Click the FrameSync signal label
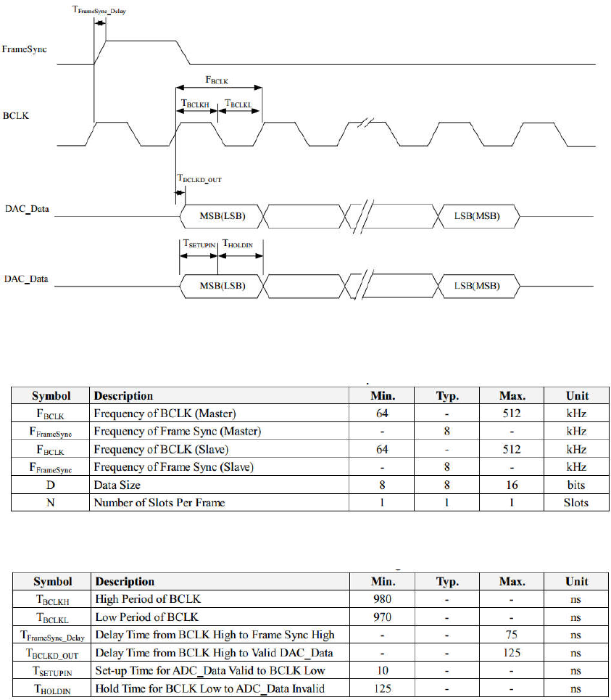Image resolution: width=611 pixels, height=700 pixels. point(25,49)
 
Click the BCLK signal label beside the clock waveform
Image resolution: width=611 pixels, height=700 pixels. point(17,115)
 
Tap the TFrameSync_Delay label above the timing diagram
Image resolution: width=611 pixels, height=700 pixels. point(99,11)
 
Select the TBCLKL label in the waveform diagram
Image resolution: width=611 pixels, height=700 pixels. point(238,104)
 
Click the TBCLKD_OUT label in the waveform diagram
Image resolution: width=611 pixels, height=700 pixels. point(199,178)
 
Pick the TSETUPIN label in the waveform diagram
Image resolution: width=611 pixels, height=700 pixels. point(199,245)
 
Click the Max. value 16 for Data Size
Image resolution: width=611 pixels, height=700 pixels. point(512,485)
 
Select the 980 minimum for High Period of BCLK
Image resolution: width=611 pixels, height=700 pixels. point(382,599)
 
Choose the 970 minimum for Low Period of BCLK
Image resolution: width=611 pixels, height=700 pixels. point(382,617)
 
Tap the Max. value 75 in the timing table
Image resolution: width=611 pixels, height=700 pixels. point(512,635)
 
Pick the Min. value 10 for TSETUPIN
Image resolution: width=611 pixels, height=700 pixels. point(382,670)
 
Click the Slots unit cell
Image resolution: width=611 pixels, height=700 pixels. point(577,502)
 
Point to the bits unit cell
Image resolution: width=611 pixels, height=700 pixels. point(577,485)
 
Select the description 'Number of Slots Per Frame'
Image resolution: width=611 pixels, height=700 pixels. point(159,502)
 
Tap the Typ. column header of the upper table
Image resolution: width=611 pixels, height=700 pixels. point(447,396)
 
